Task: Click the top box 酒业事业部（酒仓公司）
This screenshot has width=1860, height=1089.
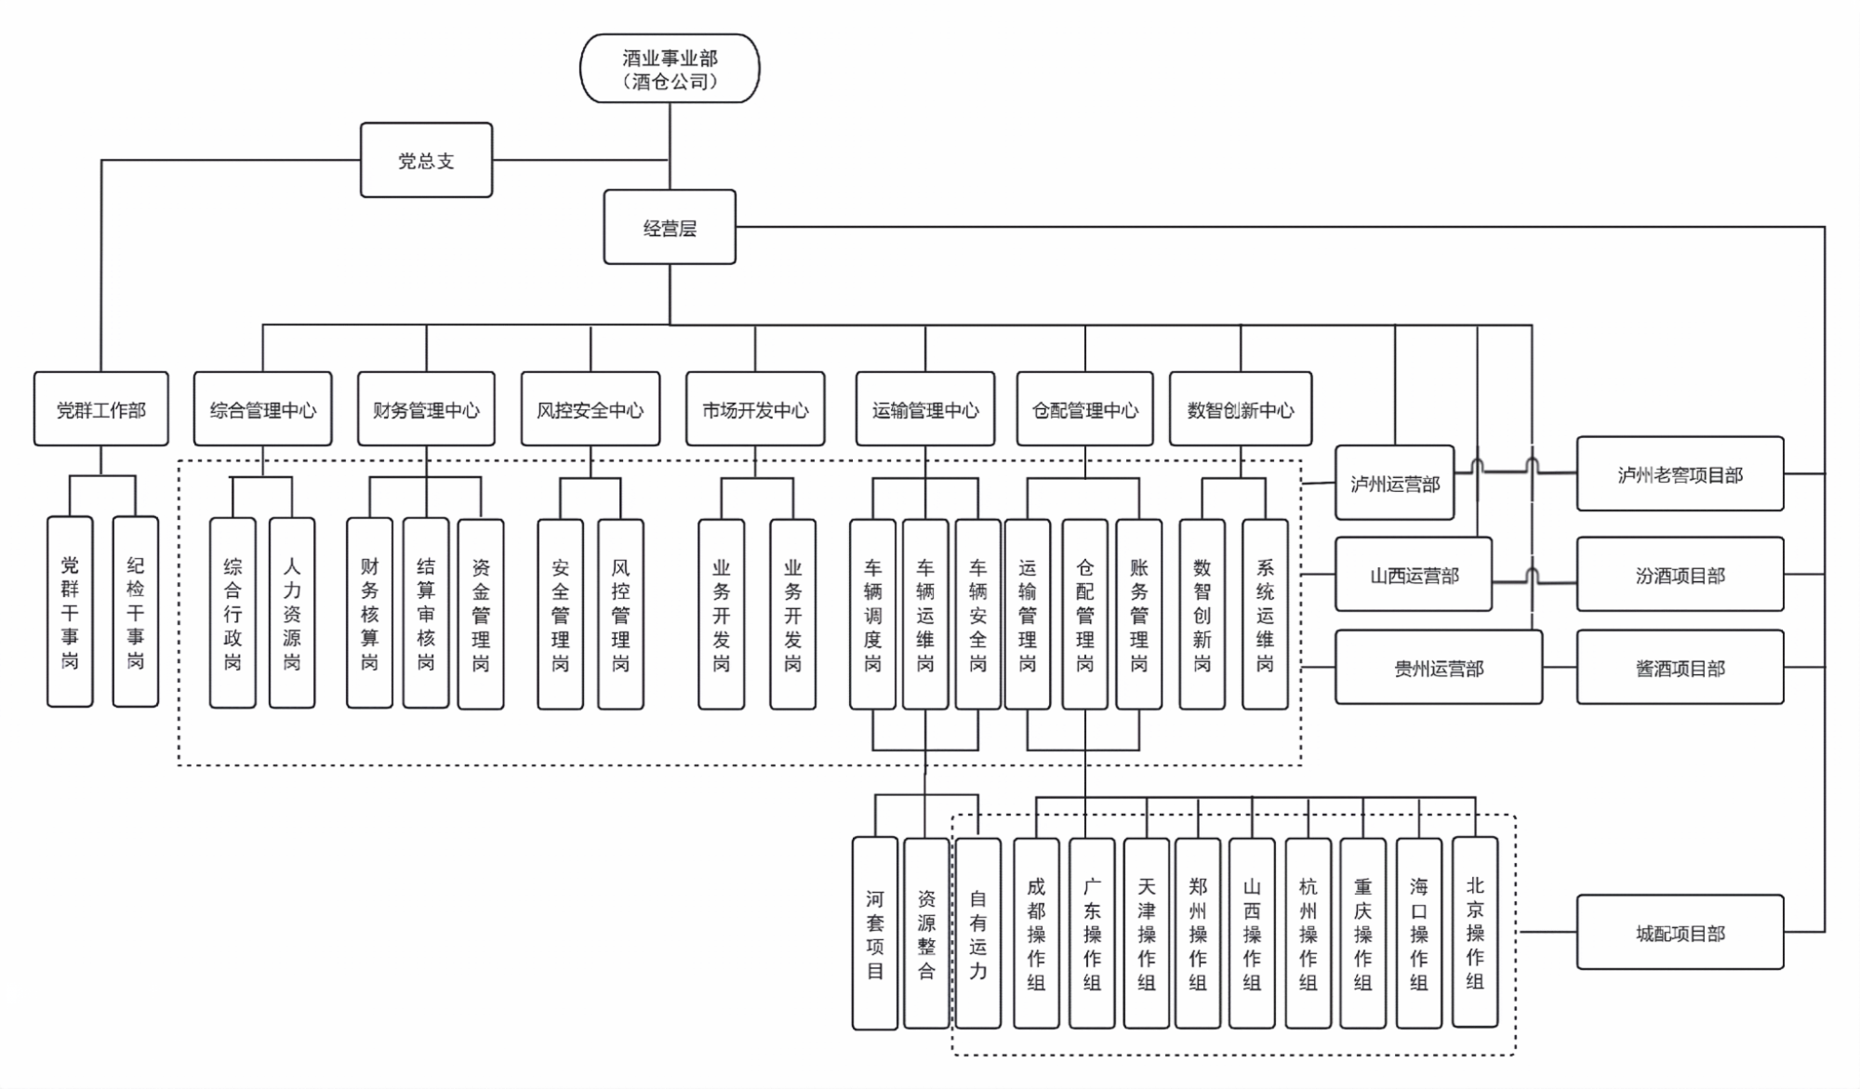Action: click(x=670, y=69)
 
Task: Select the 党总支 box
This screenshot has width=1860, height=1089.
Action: click(x=426, y=160)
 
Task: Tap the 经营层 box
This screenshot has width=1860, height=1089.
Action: click(x=670, y=228)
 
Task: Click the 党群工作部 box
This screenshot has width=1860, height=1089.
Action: click(x=101, y=409)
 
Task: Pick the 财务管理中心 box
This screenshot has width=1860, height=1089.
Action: click(x=426, y=409)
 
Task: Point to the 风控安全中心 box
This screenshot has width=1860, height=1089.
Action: click(x=591, y=409)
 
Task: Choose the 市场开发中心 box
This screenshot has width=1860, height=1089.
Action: click(x=755, y=409)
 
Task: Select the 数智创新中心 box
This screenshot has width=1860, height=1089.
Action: click(x=1241, y=409)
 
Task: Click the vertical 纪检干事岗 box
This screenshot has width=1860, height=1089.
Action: click(x=136, y=612)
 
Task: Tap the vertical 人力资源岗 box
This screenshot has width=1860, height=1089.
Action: click(x=292, y=614)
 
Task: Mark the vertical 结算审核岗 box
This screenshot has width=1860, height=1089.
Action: click(x=426, y=614)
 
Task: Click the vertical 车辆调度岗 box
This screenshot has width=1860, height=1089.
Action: click(x=872, y=614)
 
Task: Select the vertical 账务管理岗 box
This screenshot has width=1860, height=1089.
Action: click(x=1139, y=614)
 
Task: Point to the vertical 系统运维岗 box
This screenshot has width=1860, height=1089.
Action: click(x=1265, y=614)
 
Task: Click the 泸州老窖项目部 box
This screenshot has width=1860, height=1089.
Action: click(x=1680, y=474)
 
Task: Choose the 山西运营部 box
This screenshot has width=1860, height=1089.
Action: click(x=1414, y=575)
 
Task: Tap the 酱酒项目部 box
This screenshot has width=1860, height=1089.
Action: click(x=1680, y=668)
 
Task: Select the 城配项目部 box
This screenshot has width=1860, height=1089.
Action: click(x=1680, y=933)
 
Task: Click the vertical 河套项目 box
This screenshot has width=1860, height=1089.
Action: click(x=875, y=934)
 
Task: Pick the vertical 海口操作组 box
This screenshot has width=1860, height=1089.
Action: click(x=1419, y=933)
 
